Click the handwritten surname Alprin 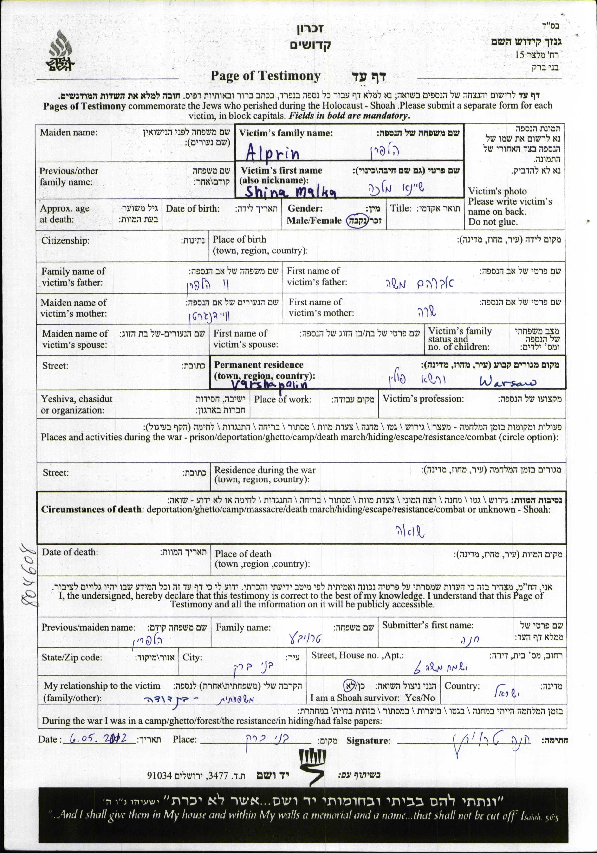pyautogui.click(x=272, y=152)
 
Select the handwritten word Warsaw pyautogui.click(x=508, y=381)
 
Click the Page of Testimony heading pyautogui.click(x=265, y=76)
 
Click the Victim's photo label pyautogui.click(x=497, y=191)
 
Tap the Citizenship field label pyautogui.click(x=65, y=240)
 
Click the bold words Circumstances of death pyautogui.click(x=91, y=509)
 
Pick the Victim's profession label pyautogui.click(x=423, y=399)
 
